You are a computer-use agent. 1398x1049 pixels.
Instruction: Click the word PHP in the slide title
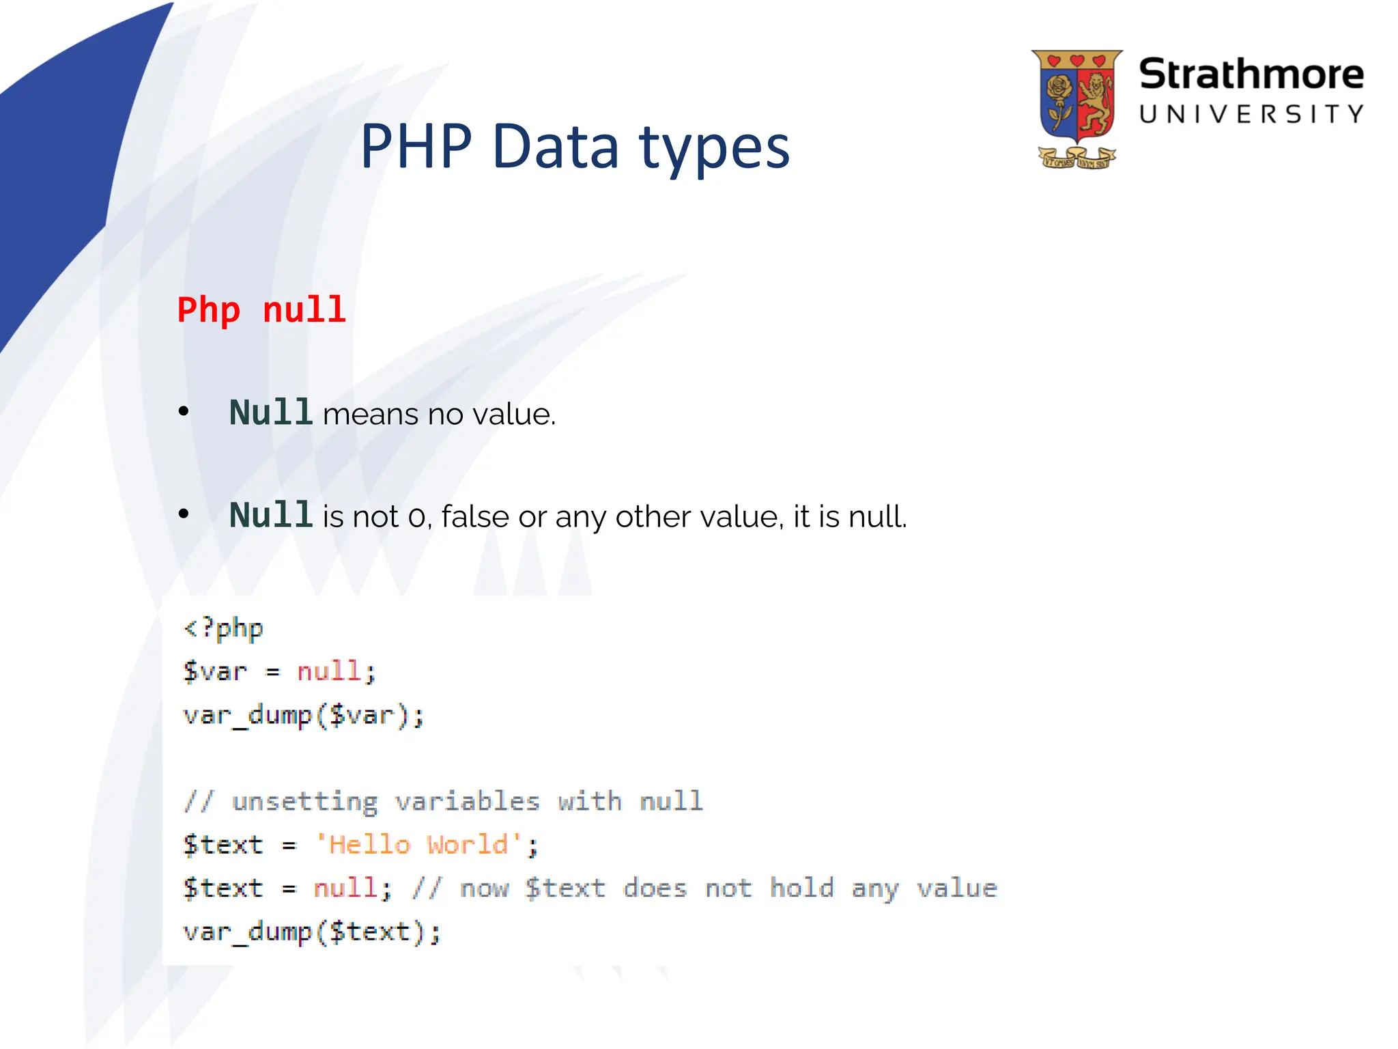point(416,146)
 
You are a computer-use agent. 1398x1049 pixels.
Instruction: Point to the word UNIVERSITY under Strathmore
point(1251,114)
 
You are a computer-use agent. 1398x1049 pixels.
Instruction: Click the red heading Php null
point(261,310)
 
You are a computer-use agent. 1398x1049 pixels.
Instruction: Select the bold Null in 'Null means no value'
point(270,412)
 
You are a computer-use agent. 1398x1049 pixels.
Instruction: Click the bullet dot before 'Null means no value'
point(183,411)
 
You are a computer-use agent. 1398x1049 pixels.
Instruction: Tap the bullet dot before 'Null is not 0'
point(183,514)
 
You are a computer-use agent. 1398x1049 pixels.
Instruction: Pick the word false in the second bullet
point(475,516)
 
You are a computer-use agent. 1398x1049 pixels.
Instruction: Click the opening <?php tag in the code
point(223,628)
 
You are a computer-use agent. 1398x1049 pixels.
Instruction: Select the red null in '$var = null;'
point(329,671)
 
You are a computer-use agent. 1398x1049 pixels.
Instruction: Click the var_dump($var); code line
point(304,715)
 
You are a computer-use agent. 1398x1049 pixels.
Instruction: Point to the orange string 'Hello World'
point(418,845)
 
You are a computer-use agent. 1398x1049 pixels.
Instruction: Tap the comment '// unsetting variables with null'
point(443,801)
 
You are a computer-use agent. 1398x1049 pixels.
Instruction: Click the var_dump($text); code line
point(312,932)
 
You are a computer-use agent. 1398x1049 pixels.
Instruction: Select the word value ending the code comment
point(956,888)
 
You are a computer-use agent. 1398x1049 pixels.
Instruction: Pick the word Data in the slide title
point(555,146)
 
